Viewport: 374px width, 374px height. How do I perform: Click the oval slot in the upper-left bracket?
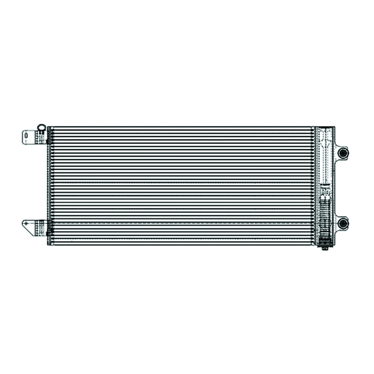(x=26, y=137)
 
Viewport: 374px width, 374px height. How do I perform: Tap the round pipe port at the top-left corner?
(x=41, y=127)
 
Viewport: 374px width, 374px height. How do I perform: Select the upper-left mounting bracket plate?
(x=30, y=137)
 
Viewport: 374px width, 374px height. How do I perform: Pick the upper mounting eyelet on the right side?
(x=343, y=153)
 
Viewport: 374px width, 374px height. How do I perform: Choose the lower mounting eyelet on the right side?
(x=343, y=223)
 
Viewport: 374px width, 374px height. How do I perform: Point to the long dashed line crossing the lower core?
(x=181, y=223)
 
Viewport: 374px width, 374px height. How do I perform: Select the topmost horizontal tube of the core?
(x=181, y=129)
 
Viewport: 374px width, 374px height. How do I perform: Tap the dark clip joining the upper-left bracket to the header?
(x=43, y=138)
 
